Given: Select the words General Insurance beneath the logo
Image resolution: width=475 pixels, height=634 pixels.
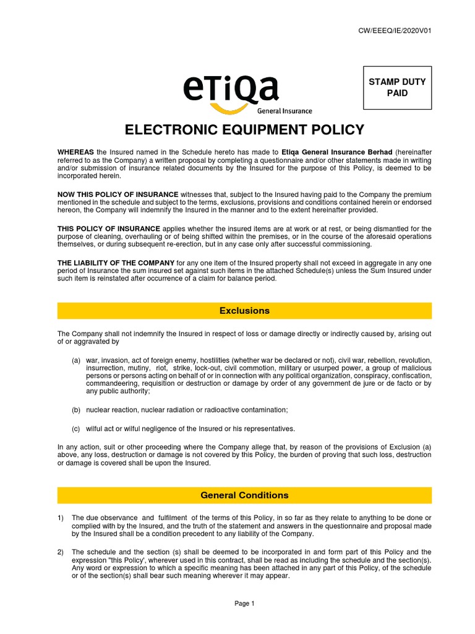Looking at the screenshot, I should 285,111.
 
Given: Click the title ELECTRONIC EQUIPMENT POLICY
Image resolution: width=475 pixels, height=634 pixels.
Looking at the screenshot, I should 244,130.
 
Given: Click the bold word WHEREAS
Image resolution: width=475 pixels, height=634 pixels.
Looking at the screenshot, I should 75,152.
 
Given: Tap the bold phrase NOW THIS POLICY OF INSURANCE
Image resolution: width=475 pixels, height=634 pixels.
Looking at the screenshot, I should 118,195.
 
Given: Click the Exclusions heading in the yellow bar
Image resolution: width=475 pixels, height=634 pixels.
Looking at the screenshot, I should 244,310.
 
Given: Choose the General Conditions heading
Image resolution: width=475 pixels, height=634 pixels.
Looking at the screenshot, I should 244,495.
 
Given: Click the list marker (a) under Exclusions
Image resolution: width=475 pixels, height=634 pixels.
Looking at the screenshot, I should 75,360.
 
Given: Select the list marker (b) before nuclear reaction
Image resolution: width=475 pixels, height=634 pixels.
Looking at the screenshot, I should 75,410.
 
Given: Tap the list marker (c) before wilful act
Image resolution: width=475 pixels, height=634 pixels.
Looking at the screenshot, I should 75,428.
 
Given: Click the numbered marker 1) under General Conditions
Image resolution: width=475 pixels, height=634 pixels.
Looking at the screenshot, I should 61,518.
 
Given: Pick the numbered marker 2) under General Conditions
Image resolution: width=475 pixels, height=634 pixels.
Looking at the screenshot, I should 61,552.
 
